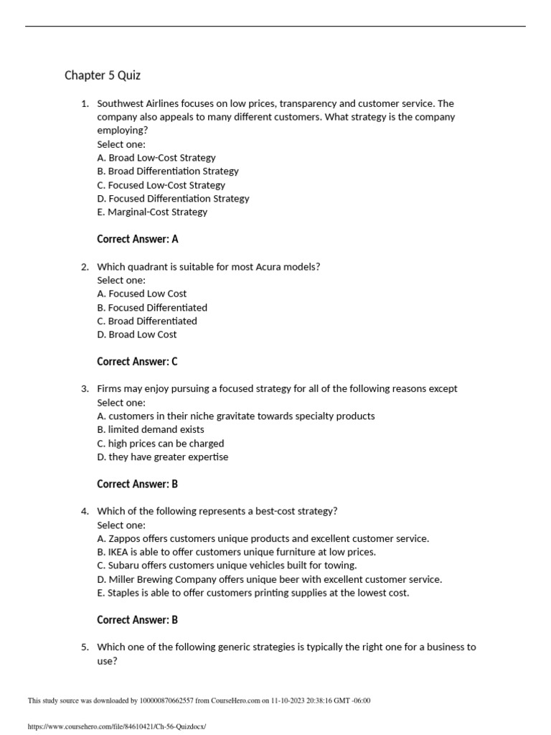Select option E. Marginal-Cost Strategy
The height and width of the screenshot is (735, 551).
[152, 212]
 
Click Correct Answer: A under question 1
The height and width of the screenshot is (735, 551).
[137, 239]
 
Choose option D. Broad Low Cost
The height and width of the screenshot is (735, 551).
[136, 334]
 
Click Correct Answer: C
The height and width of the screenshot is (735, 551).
[137, 362]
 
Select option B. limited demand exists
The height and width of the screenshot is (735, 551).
[151, 429]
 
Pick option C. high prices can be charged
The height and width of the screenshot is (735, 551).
[160, 443]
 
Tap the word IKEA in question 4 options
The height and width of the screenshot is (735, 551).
[120, 552]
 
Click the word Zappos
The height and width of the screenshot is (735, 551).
[125, 538]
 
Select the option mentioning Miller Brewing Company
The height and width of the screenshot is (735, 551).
[269, 579]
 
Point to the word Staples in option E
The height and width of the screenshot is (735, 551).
[124, 593]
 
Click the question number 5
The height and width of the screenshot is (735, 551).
[84, 647]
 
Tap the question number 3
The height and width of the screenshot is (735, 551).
[84, 388]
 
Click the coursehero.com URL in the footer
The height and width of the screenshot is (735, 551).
[116, 727]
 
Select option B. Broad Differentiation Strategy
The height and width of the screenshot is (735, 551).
[168, 171]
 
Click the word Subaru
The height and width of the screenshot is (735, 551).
[125, 566]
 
